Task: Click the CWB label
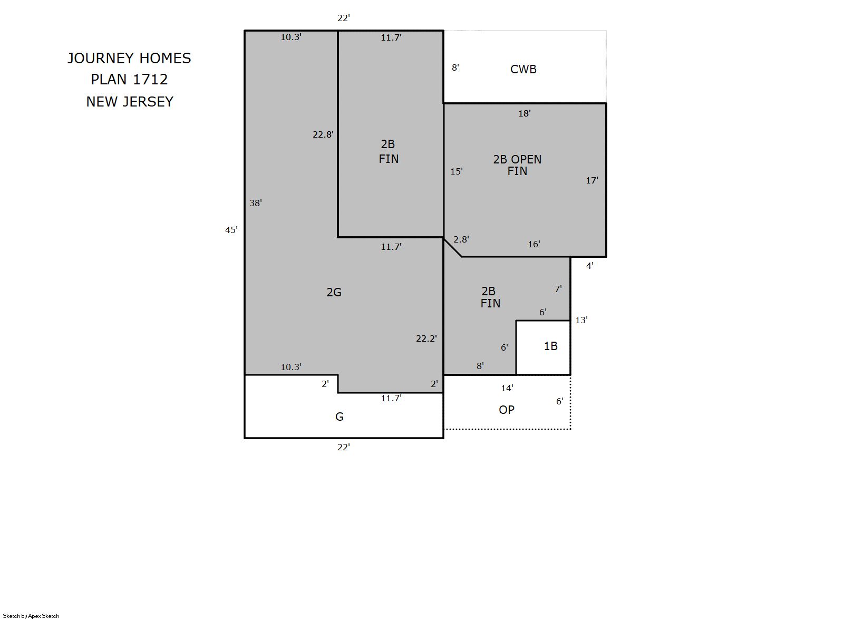(523, 69)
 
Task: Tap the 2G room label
(334, 292)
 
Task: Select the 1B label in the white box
(550, 346)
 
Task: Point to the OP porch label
(507, 410)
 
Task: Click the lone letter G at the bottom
(339, 417)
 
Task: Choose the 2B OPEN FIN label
(517, 166)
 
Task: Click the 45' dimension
(231, 230)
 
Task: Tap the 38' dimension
(256, 203)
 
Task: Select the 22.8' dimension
(323, 134)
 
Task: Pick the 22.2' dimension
(426, 338)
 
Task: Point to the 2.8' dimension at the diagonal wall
(461, 239)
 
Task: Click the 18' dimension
(525, 113)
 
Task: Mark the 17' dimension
(592, 180)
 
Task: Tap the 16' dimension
(534, 245)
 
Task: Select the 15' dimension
(457, 171)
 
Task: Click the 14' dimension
(507, 388)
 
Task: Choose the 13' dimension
(581, 320)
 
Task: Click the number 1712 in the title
(150, 80)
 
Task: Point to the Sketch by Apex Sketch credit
(31, 616)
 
